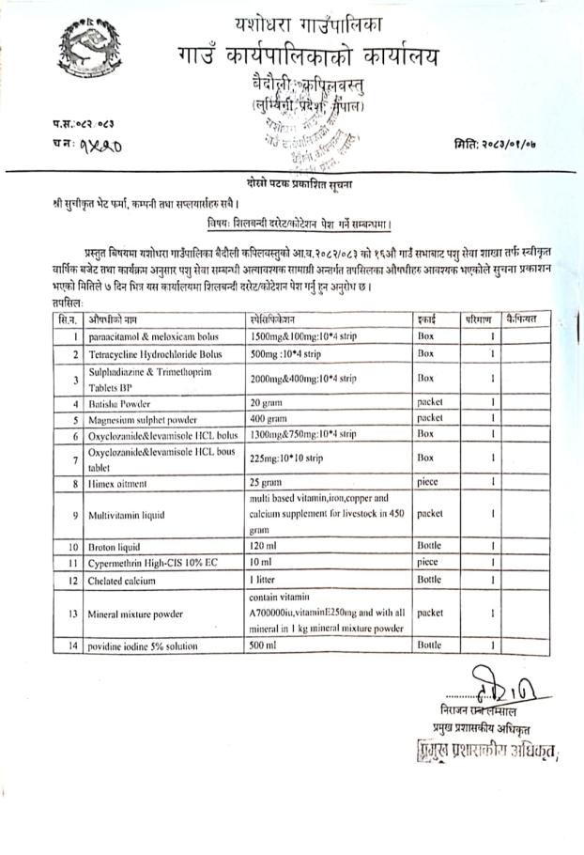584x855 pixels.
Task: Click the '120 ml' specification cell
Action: pyautogui.click(x=263, y=545)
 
